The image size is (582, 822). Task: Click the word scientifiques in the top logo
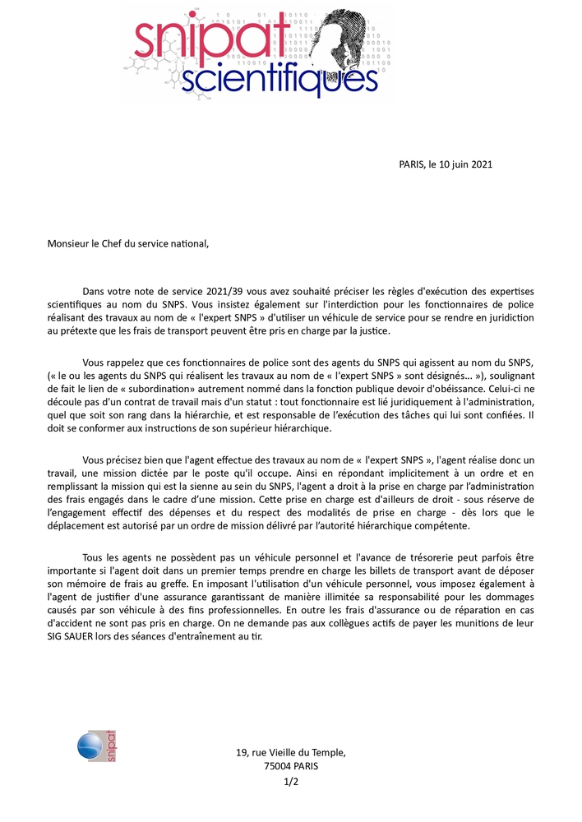(x=278, y=80)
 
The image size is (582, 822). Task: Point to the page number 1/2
(x=290, y=782)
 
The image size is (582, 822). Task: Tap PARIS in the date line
(x=411, y=164)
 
